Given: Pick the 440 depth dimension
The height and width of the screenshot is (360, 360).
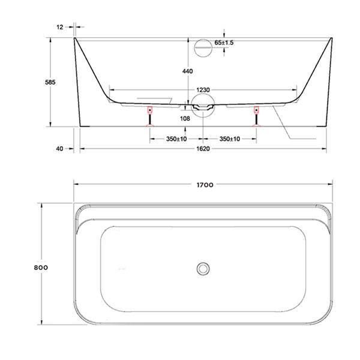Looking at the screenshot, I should (x=187, y=71).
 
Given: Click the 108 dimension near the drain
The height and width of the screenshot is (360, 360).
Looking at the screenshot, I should (x=185, y=118).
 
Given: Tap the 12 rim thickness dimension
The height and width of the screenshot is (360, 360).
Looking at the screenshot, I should (x=60, y=27).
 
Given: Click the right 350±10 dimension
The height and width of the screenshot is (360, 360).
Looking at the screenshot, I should (x=230, y=139).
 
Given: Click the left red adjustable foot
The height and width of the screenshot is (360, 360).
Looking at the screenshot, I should (x=149, y=110).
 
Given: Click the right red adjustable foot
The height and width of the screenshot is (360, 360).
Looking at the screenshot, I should (x=256, y=110).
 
